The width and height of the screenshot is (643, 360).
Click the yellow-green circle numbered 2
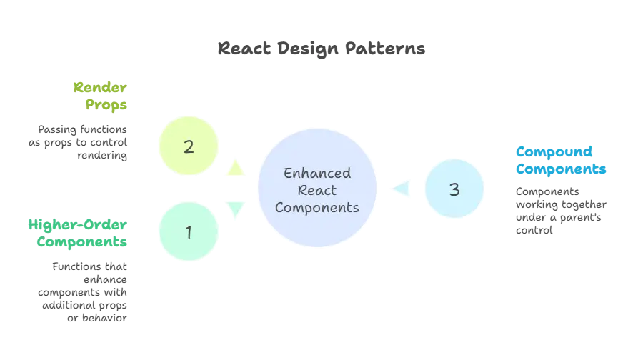click(x=189, y=147)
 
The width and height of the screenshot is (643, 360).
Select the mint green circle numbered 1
click(x=189, y=232)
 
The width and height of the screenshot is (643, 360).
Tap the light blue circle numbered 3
click(x=454, y=189)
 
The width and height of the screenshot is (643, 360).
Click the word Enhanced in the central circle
click(x=317, y=174)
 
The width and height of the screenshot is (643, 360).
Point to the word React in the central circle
click(x=317, y=191)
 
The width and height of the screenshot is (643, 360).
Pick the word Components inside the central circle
click(x=317, y=208)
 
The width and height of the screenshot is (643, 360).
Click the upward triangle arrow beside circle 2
click(x=234, y=168)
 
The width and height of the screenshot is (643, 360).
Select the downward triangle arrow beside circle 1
click(x=234, y=209)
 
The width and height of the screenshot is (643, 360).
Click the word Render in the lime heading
click(x=100, y=89)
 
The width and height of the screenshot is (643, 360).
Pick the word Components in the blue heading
click(x=562, y=169)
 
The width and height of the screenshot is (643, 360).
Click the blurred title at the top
click(x=321, y=49)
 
